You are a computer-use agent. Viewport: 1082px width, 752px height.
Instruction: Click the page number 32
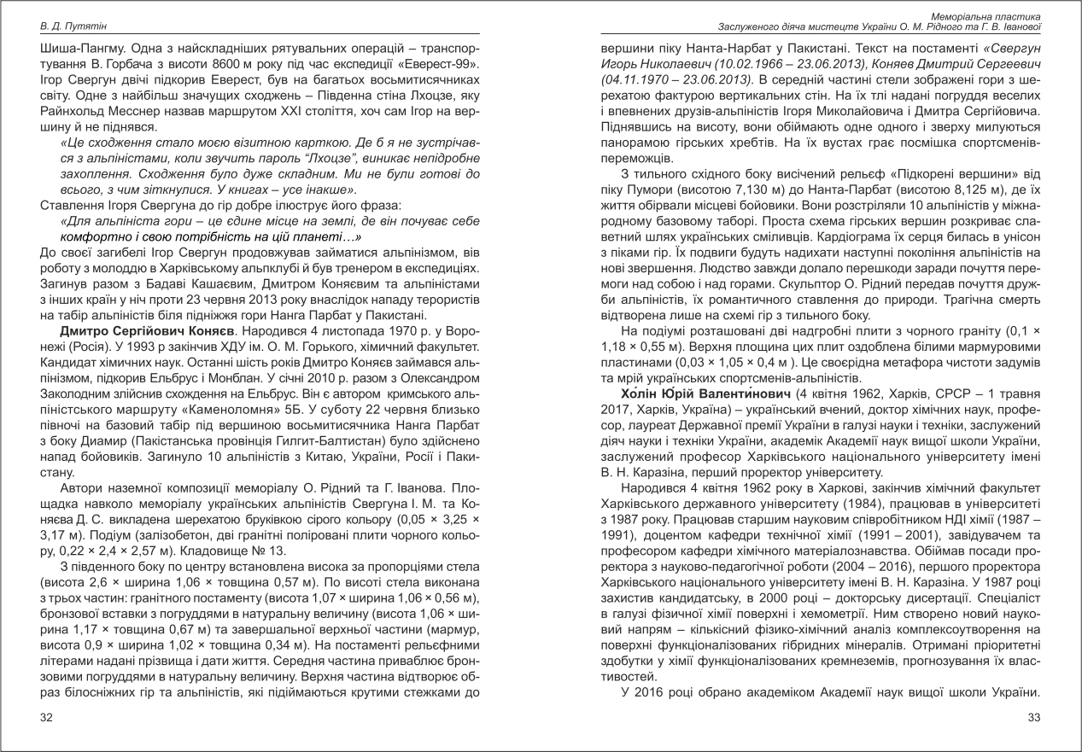pyautogui.click(x=46, y=717)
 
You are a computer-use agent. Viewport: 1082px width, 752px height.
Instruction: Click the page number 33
pyautogui.click(x=1032, y=717)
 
